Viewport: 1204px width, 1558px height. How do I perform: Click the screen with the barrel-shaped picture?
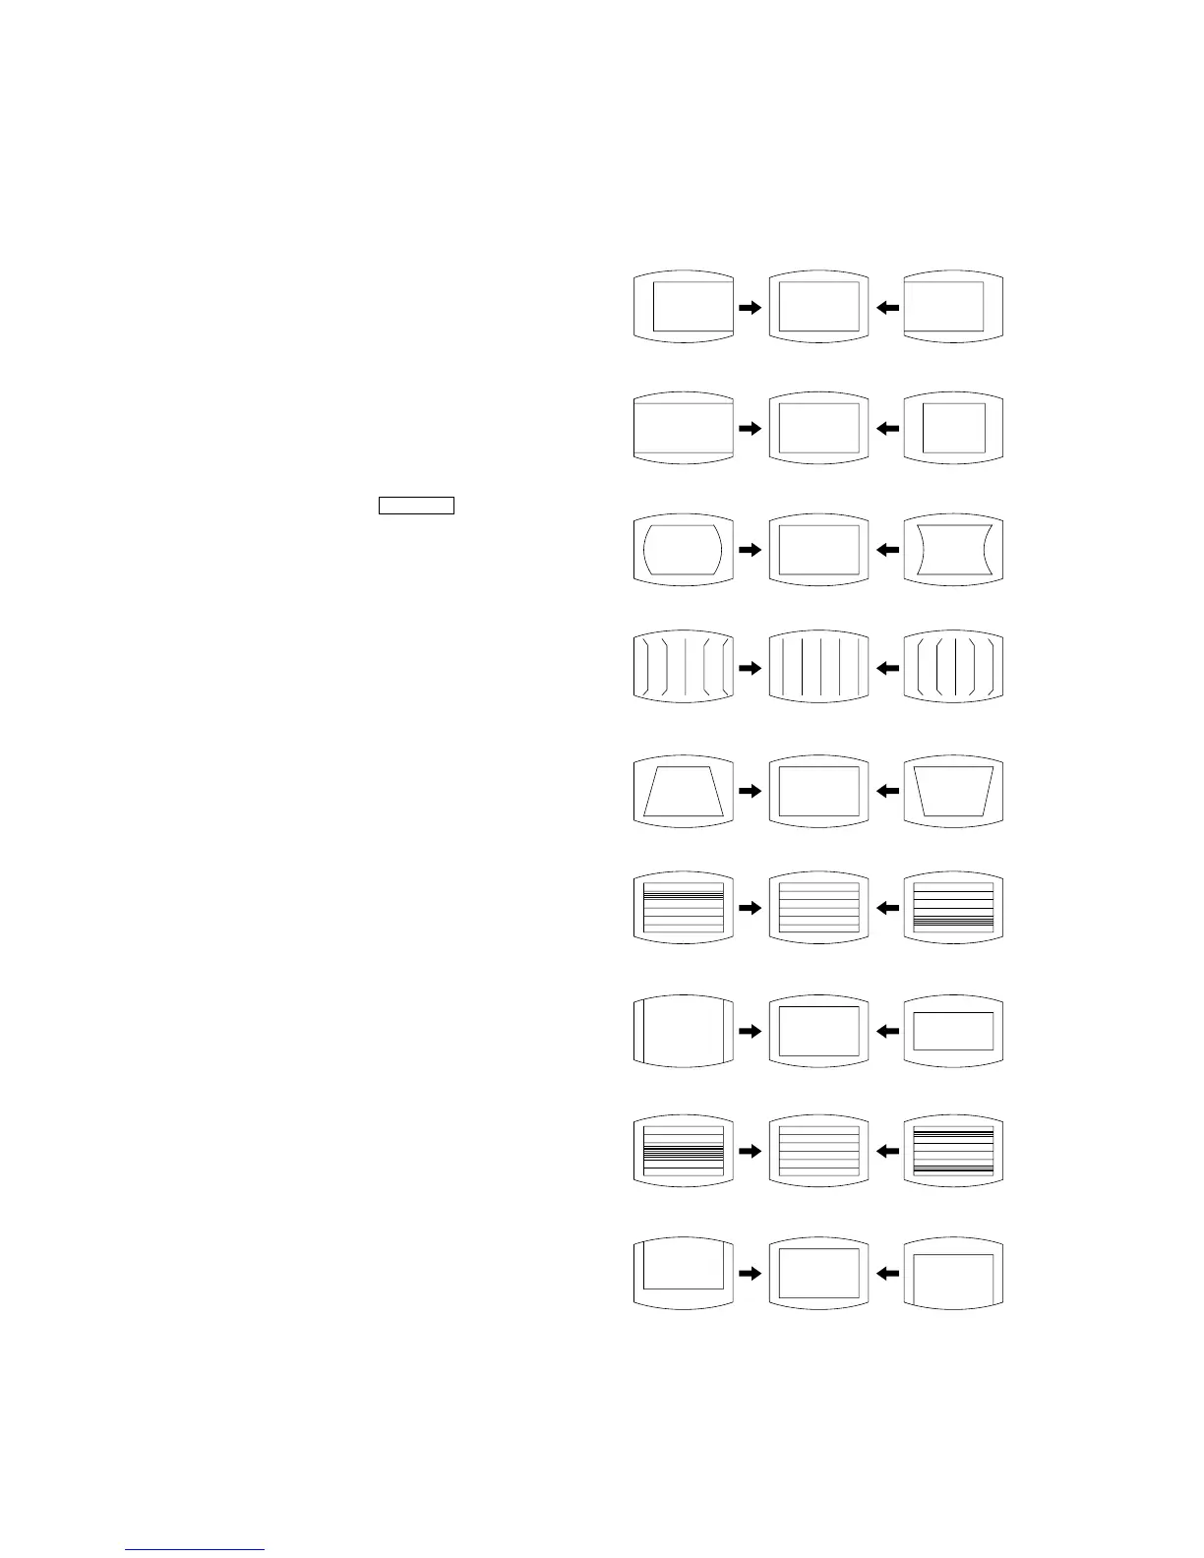pyautogui.click(x=684, y=550)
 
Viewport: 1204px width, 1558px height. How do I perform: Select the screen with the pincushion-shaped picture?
pyautogui.click(x=953, y=550)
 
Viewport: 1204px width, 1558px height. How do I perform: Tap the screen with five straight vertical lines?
pyautogui.click(x=818, y=668)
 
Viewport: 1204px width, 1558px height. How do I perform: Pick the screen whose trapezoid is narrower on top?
pyautogui.click(x=684, y=790)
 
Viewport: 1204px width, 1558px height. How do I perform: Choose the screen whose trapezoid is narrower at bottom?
pyautogui.click(x=953, y=790)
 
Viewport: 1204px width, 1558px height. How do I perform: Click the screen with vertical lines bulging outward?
pyautogui.click(x=684, y=668)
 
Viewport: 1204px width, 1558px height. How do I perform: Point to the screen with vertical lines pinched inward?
pyautogui.click(x=953, y=668)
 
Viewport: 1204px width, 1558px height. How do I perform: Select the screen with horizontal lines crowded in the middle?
pyautogui.click(x=684, y=1150)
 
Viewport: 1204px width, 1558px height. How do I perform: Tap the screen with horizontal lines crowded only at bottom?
pyautogui.click(x=953, y=908)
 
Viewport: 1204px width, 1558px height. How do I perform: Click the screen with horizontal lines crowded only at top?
pyautogui.click(x=684, y=908)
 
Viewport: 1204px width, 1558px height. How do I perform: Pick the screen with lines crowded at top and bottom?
pyautogui.click(x=953, y=1150)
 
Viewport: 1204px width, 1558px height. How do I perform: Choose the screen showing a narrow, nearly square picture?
pyautogui.click(x=953, y=428)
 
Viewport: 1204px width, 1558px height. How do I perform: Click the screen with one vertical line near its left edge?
pyautogui.click(x=684, y=1030)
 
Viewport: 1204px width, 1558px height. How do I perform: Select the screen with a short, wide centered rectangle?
pyautogui.click(x=953, y=1030)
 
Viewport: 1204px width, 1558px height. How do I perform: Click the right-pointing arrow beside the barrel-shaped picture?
pyautogui.click(x=751, y=550)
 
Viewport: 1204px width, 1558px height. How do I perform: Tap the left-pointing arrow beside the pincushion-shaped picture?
pyautogui.click(x=887, y=550)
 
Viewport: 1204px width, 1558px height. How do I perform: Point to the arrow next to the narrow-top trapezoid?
pyautogui.click(x=751, y=790)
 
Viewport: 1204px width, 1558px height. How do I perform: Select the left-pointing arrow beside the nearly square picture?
pyautogui.click(x=887, y=428)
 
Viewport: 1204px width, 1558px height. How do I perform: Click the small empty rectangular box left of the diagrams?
pyautogui.click(x=416, y=506)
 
